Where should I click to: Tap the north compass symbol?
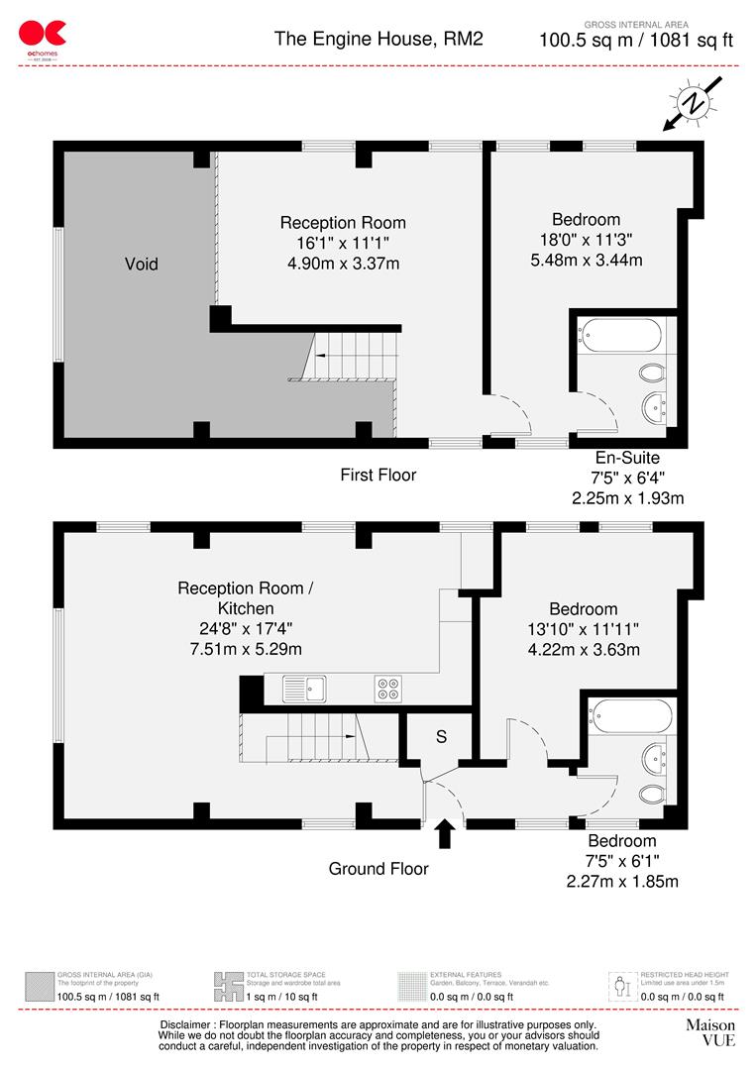click(x=695, y=104)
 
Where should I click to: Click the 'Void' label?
click(x=141, y=264)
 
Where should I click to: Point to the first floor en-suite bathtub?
click(x=623, y=335)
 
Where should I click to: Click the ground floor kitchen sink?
click(x=305, y=687)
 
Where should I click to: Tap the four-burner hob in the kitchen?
click(x=388, y=687)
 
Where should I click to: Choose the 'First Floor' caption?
click(x=378, y=475)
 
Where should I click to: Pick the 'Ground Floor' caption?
click(x=378, y=869)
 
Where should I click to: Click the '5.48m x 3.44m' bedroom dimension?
click(x=586, y=261)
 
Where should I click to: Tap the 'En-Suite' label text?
click(x=627, y=458)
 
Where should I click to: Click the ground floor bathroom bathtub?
click(x=631, y=714)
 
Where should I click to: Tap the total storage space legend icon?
click(x=228, y=986)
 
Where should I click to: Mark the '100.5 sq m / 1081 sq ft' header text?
click(x=635, y=41)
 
